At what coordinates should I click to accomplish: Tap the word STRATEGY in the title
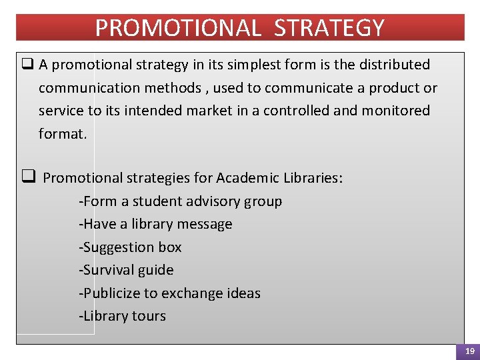click(329, 28)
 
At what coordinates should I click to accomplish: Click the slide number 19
click(470, 351)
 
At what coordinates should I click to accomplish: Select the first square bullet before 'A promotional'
click(27, 65)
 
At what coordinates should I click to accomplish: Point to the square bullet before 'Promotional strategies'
click(28, 177)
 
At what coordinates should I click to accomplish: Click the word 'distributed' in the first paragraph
click(393, 65)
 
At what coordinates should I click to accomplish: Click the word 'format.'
click(63, 133)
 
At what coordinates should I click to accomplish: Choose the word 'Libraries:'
click(313, 178)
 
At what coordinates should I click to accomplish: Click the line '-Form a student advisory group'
click(180, 201)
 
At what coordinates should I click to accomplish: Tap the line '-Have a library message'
click(155, 224)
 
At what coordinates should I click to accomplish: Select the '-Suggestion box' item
click(130, 247)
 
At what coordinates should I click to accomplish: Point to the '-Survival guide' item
click(126, 270)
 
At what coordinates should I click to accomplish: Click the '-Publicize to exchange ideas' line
click(169, 293)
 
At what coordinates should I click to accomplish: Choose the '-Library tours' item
click(122, 316)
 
